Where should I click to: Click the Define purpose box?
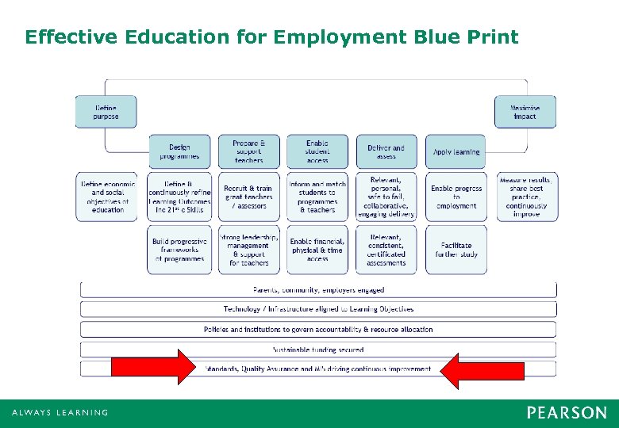point(106,112)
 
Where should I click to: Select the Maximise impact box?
point(525,112)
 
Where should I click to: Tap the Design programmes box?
point(179,151)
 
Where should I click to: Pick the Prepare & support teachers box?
point(248,151)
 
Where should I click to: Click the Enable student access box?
point(317,151)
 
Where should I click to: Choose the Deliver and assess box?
point(386,151)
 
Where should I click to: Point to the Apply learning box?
point(456,151)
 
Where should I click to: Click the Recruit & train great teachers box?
point(248,197)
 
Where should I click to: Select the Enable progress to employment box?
point(456,197)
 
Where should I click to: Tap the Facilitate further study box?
point(456,250)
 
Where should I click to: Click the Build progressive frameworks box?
point(179,250)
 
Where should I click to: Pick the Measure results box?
point(525,197)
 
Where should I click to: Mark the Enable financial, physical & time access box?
point(317,250)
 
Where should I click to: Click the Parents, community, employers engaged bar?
point(318,290)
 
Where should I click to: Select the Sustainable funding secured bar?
point(318,349)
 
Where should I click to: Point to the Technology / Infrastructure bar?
point(318,309)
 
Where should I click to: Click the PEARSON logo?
point(567,413)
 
